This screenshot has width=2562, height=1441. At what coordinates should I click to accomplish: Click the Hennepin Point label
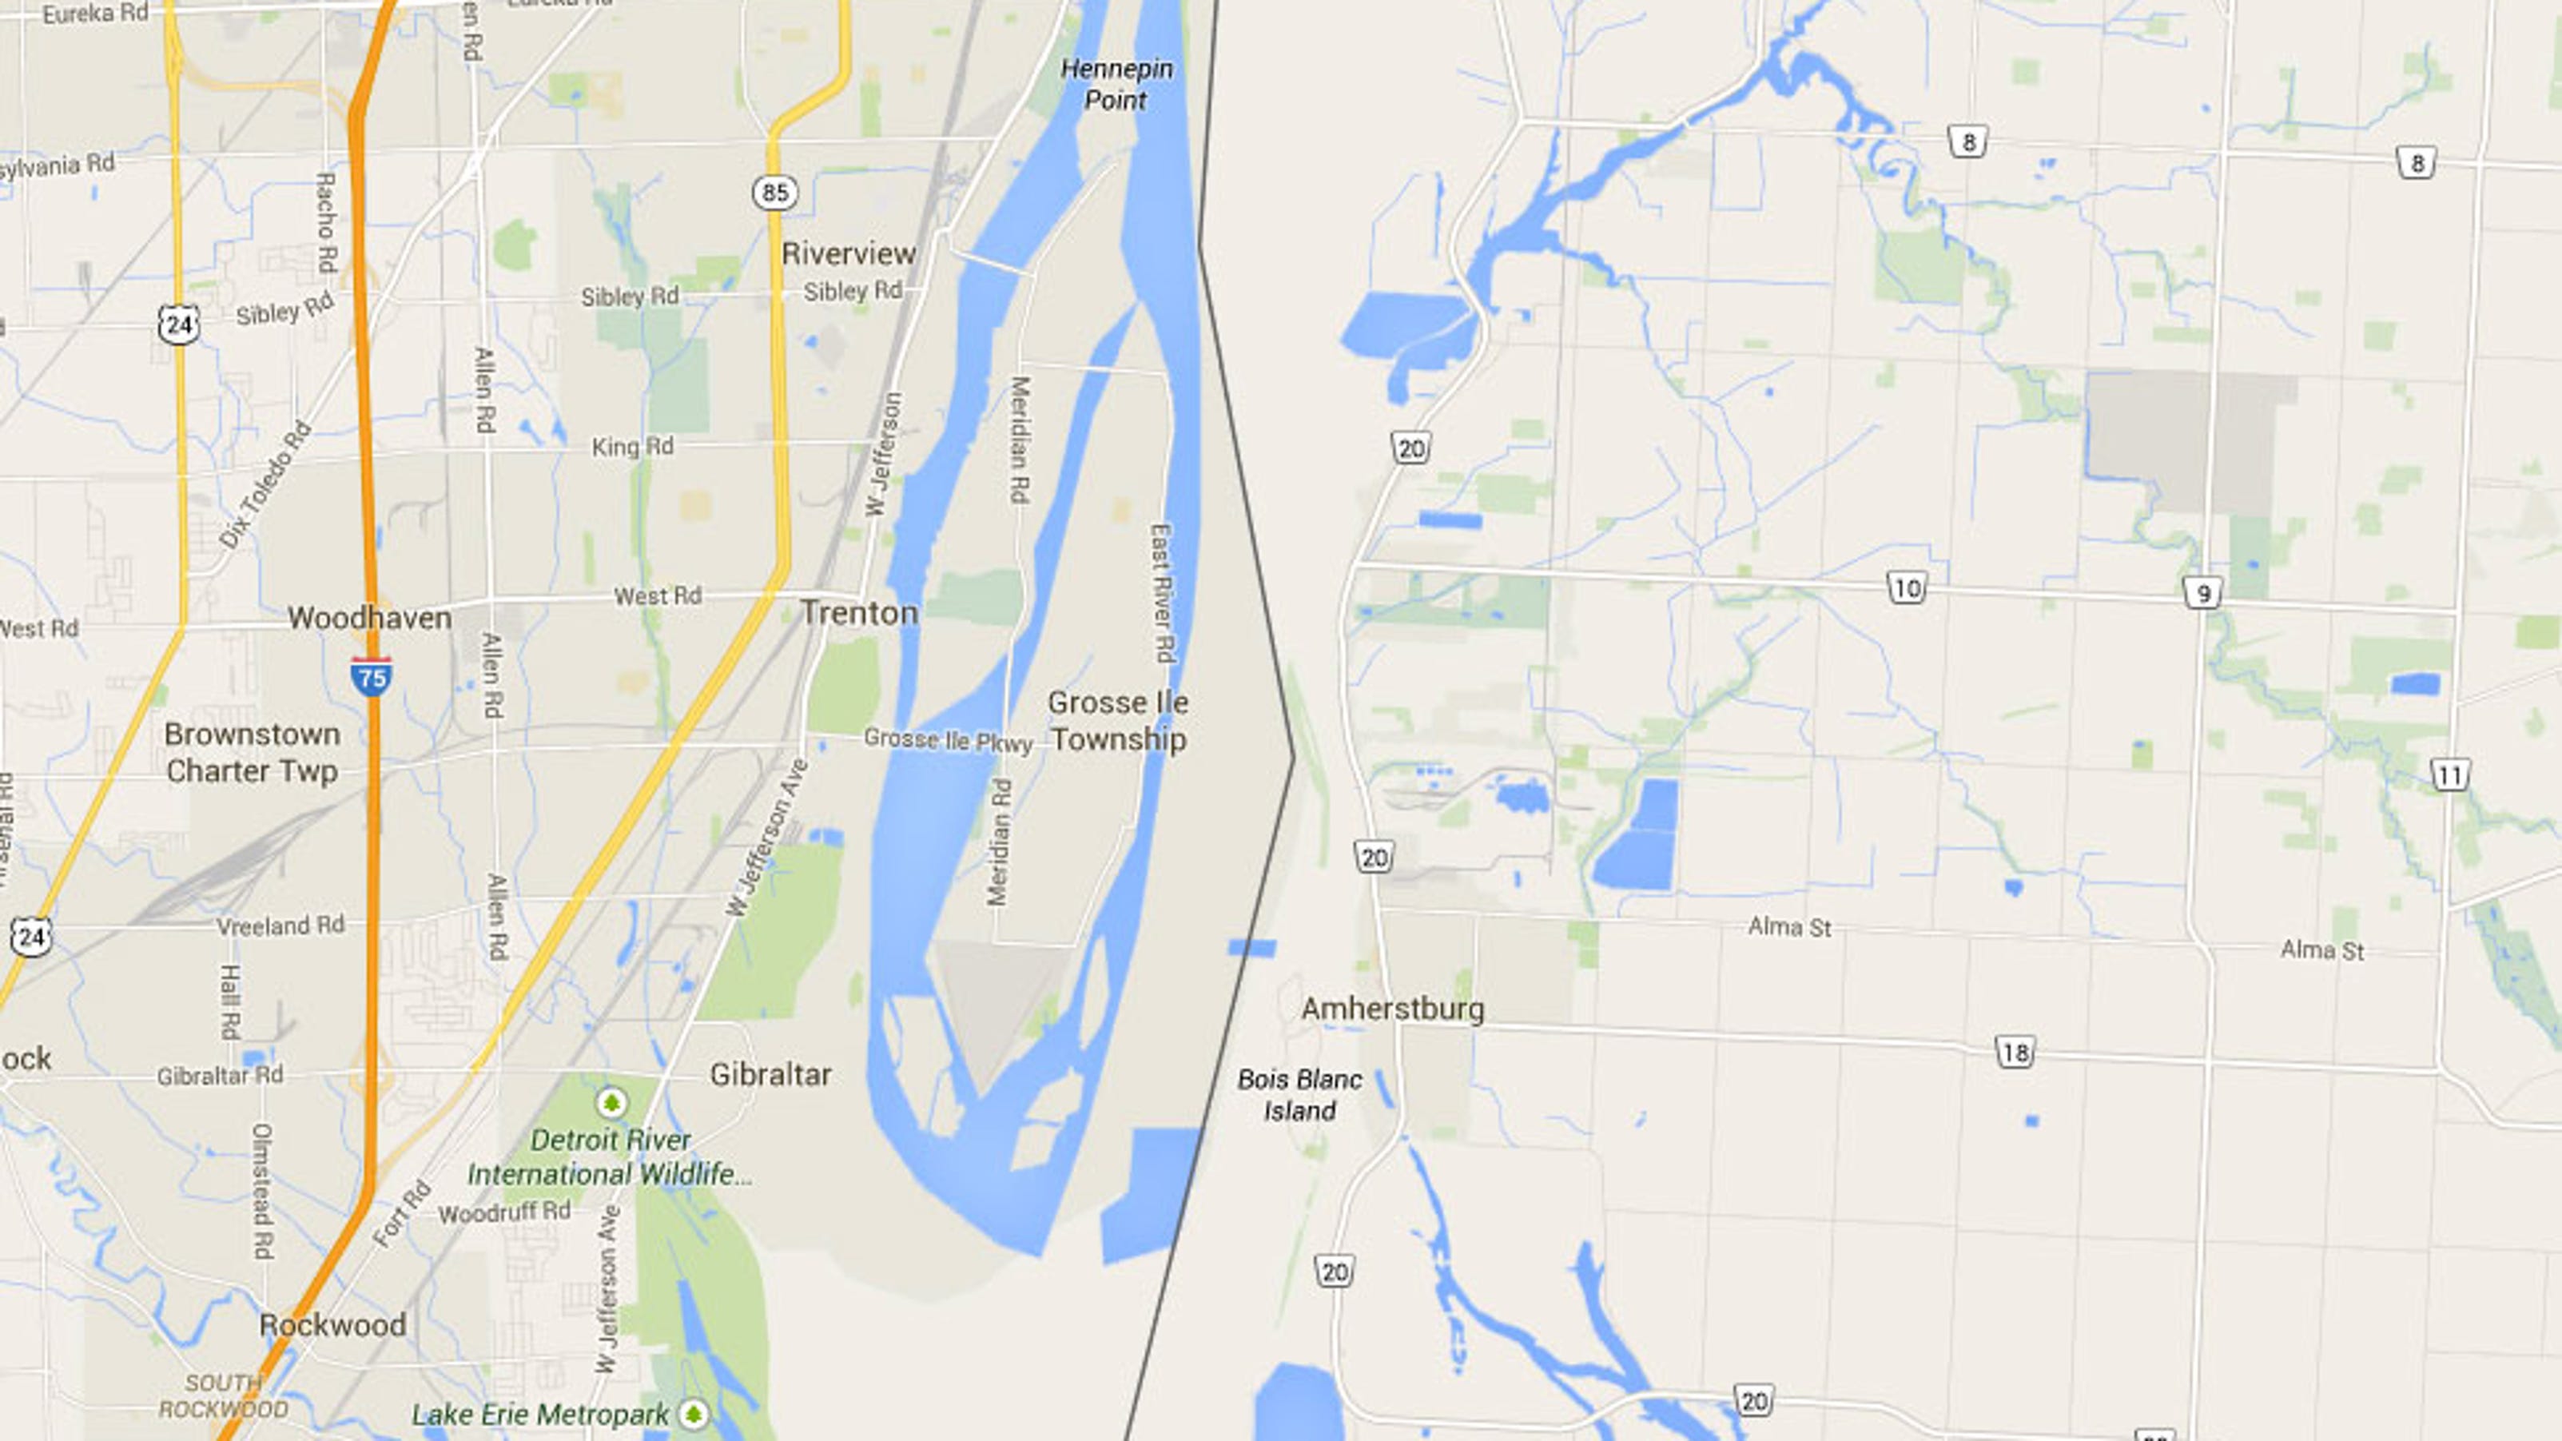[1116, 85]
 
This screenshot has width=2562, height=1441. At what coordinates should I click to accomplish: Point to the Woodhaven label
[369, 618]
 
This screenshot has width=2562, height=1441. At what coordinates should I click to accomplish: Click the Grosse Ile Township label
[1118, 721]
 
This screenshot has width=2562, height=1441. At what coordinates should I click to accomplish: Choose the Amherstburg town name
[1392, 1009]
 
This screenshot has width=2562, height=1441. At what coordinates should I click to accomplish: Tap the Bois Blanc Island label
[1300, 1095]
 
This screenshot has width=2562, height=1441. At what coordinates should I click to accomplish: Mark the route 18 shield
[2015, 1052]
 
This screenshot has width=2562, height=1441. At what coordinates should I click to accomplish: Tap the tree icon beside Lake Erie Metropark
[693, 1413]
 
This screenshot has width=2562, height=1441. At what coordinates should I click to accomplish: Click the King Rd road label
[633, 447]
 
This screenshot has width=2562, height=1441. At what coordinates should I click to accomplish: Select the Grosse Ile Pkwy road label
[948, 740]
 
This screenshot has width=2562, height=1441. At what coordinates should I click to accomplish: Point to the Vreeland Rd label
[280, 926]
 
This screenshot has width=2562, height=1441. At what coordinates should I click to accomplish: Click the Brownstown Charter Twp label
[253, 753]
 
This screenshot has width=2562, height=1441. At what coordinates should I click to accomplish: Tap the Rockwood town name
[332, 1324]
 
